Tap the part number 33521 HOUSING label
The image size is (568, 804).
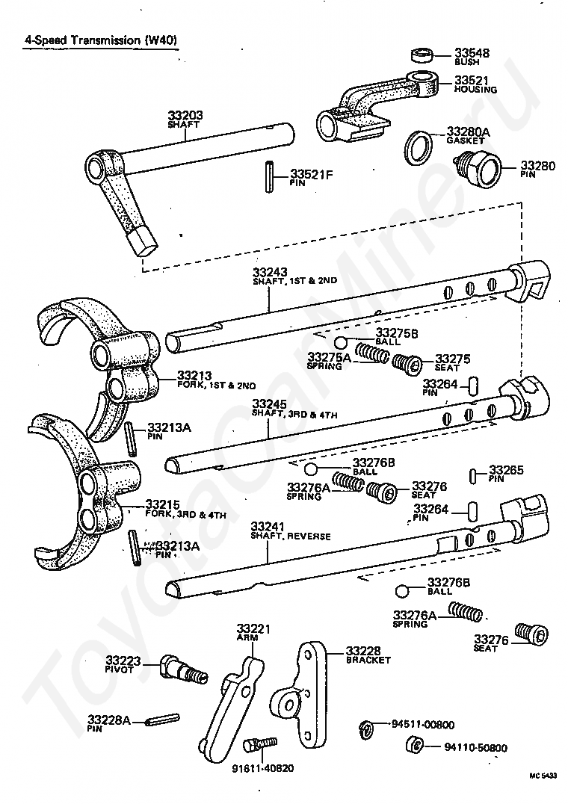[475, 84]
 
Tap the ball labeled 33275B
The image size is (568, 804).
[340, 342]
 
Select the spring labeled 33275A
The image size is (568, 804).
[369, 352]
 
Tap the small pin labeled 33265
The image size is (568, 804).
[474, 475]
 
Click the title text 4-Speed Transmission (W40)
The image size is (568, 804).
[100, 40]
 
